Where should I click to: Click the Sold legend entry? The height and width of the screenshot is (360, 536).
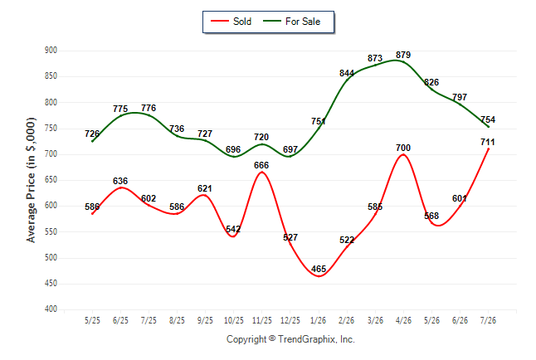tap(231, 22)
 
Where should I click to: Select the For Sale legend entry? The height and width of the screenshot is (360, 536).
tap(291, 22)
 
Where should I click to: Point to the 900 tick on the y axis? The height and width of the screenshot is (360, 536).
tap(51, 51)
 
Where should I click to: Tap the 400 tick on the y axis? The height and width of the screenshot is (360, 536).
tap(51, 309)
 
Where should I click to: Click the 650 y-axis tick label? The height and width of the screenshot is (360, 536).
tap(51, 180)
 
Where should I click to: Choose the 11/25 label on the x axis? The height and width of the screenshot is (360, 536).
tap(262, 320)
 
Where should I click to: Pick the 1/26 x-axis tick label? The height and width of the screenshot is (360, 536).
tap(319, 320)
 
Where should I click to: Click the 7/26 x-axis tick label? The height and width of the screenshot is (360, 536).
tap(488, 320)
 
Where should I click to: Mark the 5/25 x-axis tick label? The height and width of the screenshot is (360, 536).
tap(92, 320)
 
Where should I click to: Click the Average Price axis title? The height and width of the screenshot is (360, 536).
tap(31, 180)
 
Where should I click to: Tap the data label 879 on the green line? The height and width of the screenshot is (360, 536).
tap(403, 55)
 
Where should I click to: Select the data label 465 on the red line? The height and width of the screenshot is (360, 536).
tap(319, 269)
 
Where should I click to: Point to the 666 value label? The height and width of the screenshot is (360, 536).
tap(261, 165)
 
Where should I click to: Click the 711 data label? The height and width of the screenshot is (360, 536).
tap(488, 142)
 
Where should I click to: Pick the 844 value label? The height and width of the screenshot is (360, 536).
tap(347, 73)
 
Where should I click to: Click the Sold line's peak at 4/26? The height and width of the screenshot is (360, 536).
tap(403, 154)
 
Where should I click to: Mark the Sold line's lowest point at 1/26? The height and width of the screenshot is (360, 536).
tap(319, 276)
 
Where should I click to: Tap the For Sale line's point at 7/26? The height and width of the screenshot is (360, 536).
tap(488, 127)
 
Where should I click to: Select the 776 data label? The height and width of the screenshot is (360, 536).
tap(149, 108)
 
